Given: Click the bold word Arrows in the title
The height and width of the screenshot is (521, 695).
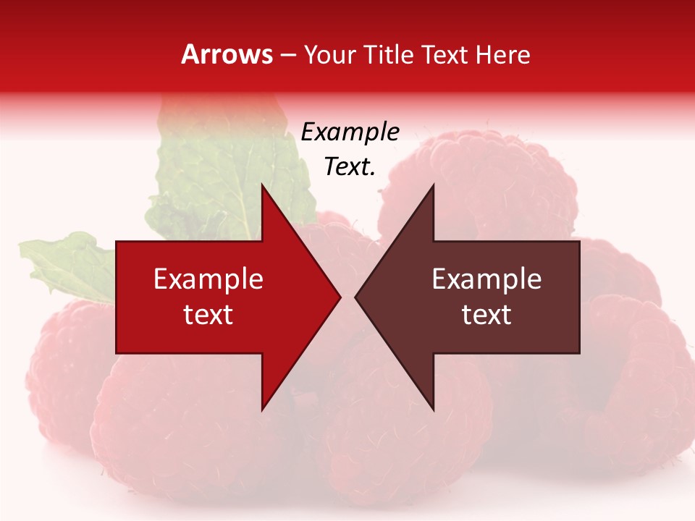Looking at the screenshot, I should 227,54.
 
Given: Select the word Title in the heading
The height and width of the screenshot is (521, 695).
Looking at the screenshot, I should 388,54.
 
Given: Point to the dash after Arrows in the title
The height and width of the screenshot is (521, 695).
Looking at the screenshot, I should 288,56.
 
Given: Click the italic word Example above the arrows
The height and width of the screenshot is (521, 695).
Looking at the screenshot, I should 350,132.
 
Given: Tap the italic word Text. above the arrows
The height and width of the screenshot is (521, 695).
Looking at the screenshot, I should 350,166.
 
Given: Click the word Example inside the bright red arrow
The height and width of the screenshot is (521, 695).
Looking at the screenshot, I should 208,279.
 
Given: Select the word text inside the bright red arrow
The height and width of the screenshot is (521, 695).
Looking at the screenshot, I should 208,314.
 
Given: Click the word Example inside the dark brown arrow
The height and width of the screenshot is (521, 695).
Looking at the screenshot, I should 486,279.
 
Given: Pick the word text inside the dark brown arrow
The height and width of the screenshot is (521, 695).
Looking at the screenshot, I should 486,314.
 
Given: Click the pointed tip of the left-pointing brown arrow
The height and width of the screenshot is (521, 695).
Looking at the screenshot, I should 356,297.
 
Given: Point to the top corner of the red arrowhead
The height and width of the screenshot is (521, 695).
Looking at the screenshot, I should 262,186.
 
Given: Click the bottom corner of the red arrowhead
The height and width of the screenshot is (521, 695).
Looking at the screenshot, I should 262,409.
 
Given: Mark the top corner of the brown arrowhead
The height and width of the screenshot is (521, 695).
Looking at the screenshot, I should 433,186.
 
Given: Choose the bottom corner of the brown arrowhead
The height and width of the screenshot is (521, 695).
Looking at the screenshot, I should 433,409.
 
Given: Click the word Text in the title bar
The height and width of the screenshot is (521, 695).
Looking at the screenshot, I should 445,54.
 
